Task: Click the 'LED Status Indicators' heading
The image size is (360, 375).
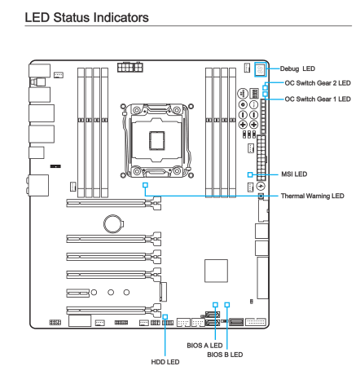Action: coord(86,17)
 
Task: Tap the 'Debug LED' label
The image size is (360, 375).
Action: coord(297,68)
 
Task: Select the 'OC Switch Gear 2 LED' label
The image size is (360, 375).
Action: coord(318,83)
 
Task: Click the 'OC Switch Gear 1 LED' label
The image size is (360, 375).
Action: coord(318,99)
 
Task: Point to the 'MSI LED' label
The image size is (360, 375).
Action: coord(294,174)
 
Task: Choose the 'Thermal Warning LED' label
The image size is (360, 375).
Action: coord(313,196)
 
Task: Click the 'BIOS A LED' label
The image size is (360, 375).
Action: coord(204,346)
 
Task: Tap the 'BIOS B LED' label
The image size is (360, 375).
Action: coord(225,355)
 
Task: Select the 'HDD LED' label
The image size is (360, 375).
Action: coord(165,362)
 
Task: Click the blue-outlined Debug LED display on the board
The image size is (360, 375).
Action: coord(261,69)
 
